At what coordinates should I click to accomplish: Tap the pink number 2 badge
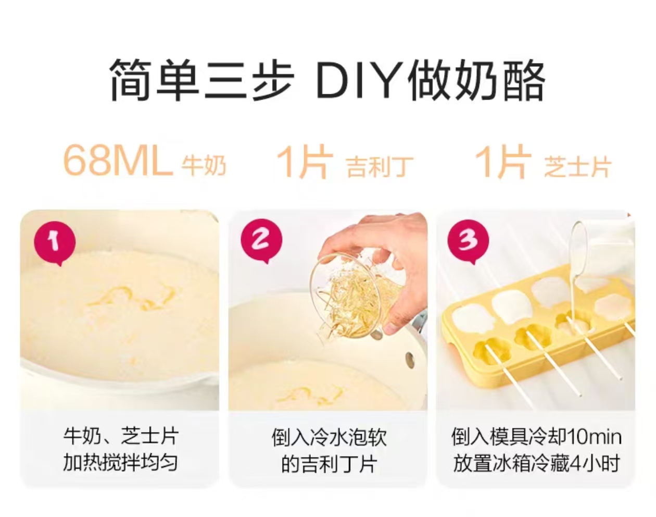pos(261,240)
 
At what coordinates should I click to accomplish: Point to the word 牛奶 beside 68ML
pos(204,165)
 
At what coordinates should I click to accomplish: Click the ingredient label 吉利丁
pos(380,167)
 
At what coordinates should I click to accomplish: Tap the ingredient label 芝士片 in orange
pos(578,167)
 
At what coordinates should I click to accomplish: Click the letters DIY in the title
pos(360,79)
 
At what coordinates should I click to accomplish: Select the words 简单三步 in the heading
pos(202,79)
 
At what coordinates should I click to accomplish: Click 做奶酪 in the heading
pos(476,79)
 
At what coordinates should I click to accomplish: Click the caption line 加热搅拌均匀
pos(121,463)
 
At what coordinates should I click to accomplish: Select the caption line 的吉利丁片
pos(328,464)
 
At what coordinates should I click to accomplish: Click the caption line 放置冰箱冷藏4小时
pos(536,464)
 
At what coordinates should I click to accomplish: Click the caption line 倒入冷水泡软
pos(329,437)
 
